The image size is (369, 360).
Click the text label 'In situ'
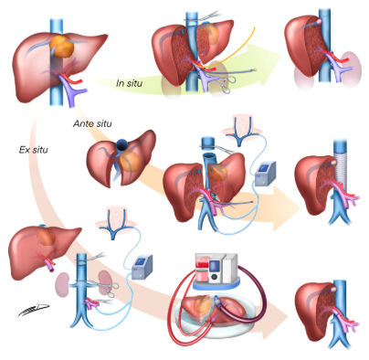[133, 83]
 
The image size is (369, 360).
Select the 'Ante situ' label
[92, 122]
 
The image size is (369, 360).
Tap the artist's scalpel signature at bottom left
[30, 312]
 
